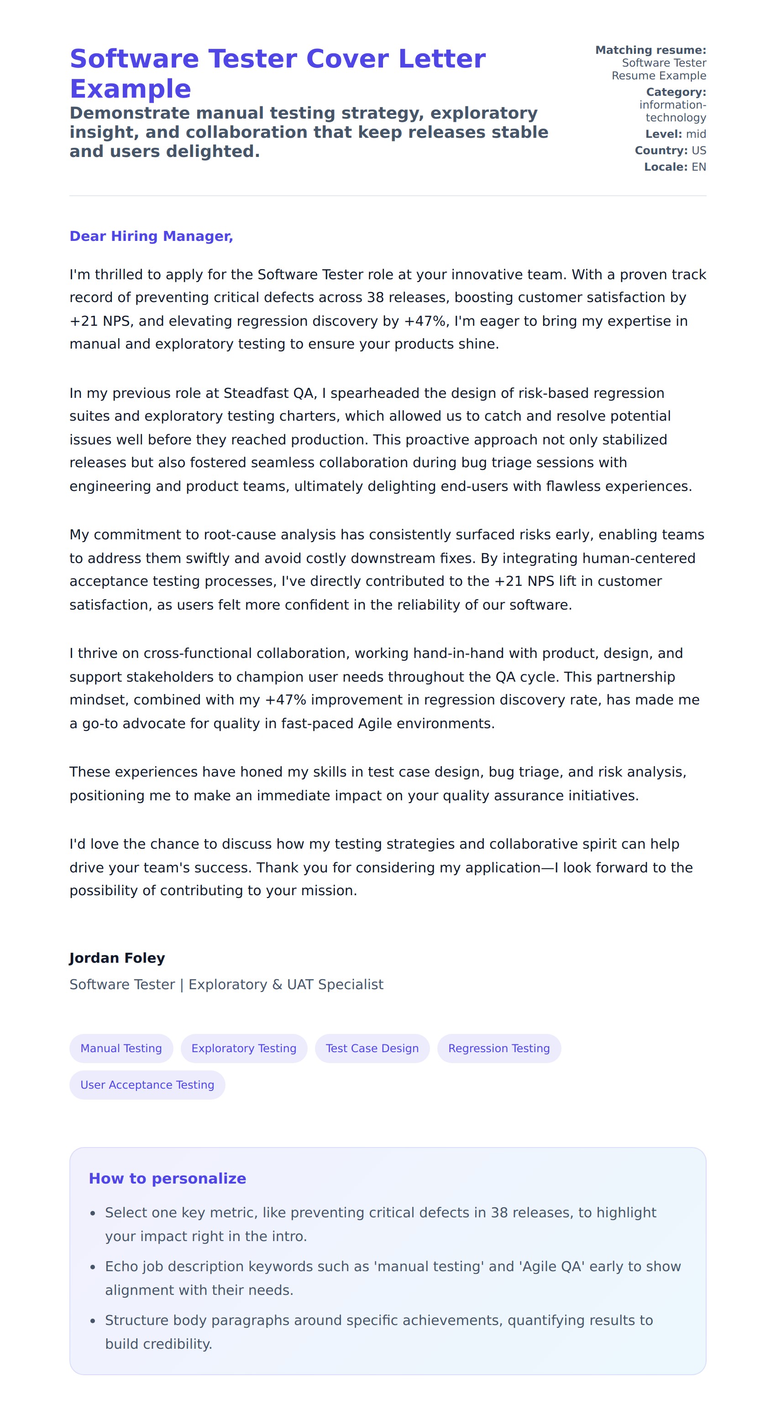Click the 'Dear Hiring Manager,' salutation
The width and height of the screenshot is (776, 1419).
click(x=151, y=236)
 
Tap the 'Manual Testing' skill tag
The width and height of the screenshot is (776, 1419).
click(x=121, y=1048)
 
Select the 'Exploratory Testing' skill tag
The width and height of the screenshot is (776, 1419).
click(x=244, y=1048)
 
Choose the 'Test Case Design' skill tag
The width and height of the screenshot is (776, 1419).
click(x=372, y=1048)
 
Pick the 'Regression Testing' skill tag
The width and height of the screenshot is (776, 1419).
click(x=499, y=1048)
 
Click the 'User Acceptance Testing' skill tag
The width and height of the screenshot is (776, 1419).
click(x=147, y=1085)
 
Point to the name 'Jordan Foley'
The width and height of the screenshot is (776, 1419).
click(x=117, y=958)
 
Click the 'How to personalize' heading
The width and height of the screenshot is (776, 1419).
click(x=167, y=1178)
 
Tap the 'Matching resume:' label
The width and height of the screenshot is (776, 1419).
click(x=650, y=50)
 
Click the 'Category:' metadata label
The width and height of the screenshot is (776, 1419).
click(x=676, y=92)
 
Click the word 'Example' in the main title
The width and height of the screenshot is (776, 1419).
click(x=130, y=89)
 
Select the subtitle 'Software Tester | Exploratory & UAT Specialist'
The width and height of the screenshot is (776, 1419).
click(x=226, y=984)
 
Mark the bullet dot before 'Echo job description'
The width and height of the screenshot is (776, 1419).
click(x=93, y=1268)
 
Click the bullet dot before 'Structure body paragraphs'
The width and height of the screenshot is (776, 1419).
click(x=93, y=1321)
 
